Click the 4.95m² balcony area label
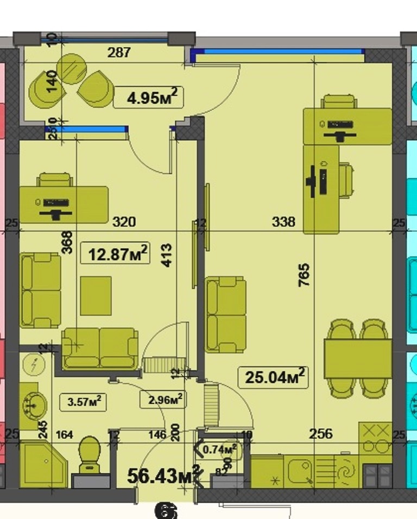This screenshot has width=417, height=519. click(x=146, y=98)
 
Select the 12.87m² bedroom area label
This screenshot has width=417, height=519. click(x=115, y=253)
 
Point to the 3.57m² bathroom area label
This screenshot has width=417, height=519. click(x=83, y=402)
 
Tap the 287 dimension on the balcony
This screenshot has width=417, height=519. click(x=119, y=52)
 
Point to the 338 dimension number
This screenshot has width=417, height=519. click(x=283, y=221)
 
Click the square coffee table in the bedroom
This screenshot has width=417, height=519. click(x=96, y=295)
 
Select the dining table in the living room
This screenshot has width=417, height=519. click(x=358, y=358)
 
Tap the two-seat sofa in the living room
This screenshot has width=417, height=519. click(x=225, y=314)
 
